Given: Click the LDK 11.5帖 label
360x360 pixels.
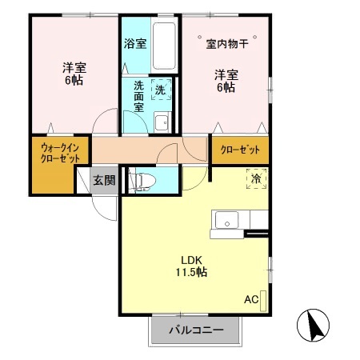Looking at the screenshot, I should coord(190,266).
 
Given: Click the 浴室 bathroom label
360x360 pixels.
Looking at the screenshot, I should coord(134,44).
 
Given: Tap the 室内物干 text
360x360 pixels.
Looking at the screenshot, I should coord(226,43).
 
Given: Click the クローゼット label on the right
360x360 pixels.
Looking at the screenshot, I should coord(240,150).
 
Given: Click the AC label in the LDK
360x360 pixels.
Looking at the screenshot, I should coord(251,300).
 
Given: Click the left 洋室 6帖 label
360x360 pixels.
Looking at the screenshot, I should coord(75,74).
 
